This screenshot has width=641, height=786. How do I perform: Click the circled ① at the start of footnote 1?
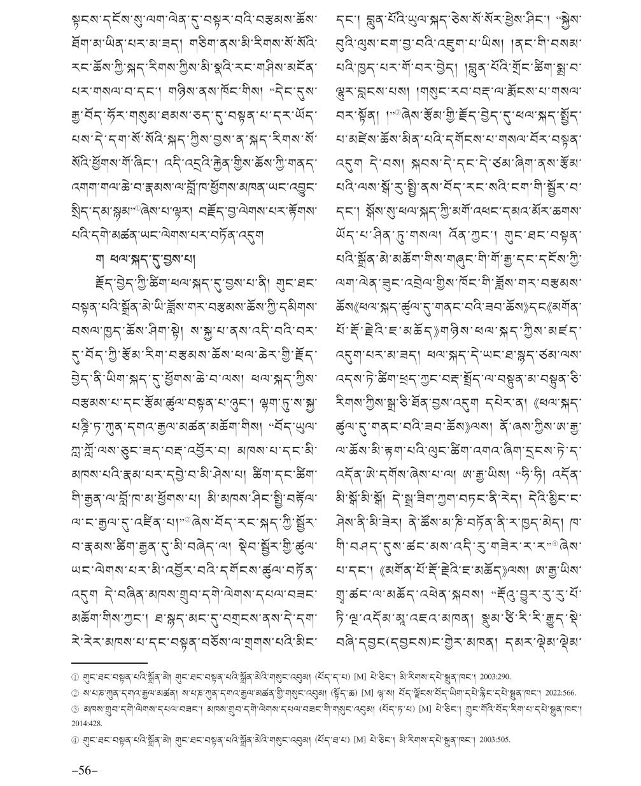click(x=75, y=677)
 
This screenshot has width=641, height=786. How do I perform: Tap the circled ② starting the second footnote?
click(x=75, y=693)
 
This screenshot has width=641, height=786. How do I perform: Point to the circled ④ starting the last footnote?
click(x=75, y=740)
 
